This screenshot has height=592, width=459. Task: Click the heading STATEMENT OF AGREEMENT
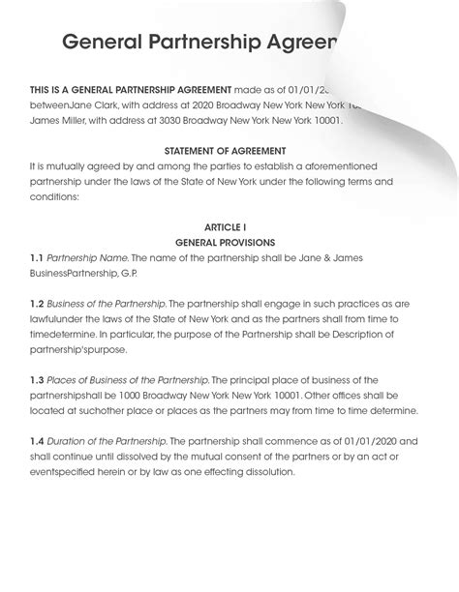(225, 151)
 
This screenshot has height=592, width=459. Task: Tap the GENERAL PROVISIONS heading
(225, 243)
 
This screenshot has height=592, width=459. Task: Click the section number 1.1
(36, 258)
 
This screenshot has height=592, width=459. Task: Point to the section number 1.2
(36, 304)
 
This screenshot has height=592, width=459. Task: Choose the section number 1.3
(36, 380)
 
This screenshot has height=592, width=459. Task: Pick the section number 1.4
(36, 441)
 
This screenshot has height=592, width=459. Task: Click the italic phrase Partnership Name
(87, 258)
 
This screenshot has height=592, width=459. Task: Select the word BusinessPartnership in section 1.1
(72, 274)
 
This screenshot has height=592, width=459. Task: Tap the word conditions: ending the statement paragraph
(55, 196)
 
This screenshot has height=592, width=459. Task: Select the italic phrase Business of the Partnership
(107, 304)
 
